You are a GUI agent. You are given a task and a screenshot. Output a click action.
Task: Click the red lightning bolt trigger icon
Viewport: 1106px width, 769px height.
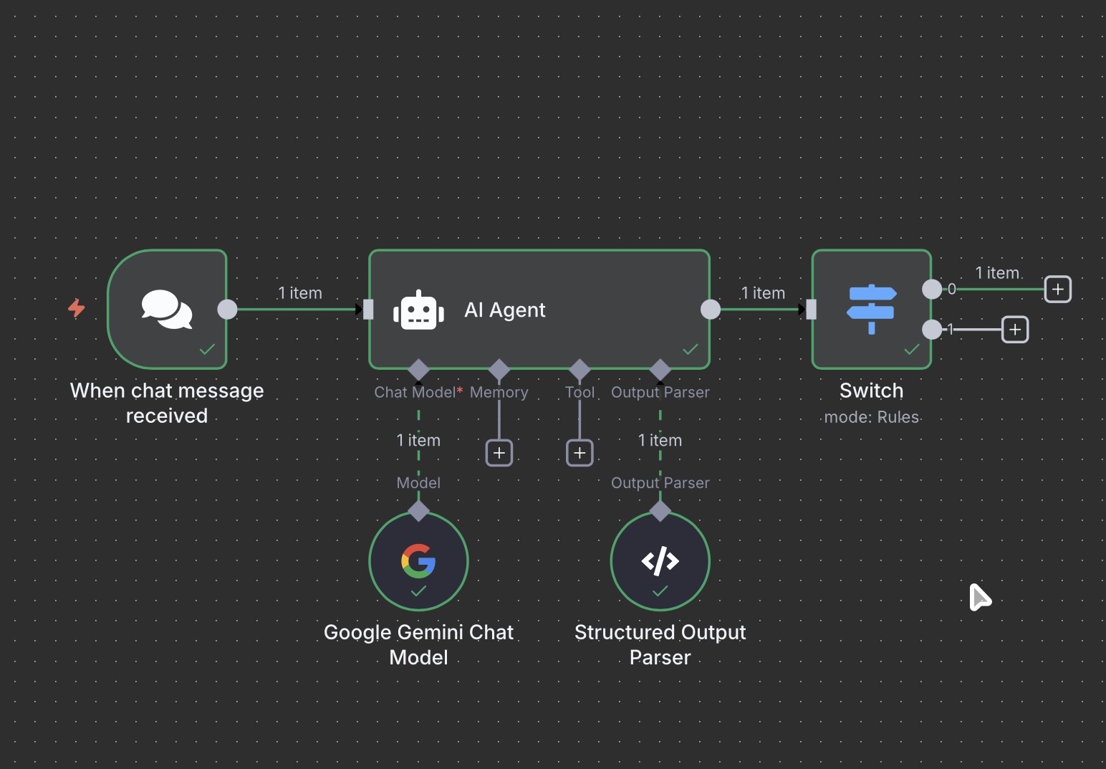coord(76,308)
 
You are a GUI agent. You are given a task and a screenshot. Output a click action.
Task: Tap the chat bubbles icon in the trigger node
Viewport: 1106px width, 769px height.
coord(167,309)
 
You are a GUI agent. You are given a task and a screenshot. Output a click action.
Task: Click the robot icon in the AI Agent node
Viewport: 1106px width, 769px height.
coord(419,310)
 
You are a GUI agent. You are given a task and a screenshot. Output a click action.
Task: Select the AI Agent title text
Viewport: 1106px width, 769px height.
coord(504,310)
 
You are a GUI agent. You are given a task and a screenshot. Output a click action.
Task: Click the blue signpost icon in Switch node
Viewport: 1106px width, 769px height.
coord(872,309)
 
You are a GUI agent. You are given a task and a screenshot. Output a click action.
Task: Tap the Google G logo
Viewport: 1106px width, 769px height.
coord(418,560)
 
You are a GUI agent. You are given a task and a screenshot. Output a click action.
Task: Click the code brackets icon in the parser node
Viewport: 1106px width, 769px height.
coord(660,560)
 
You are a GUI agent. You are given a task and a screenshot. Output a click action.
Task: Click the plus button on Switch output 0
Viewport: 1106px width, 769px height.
coord(1057,289)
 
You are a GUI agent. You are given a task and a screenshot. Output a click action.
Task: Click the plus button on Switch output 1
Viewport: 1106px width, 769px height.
coord(1015,330)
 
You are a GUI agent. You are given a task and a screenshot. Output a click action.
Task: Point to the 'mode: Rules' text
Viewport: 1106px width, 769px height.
coord(872,417)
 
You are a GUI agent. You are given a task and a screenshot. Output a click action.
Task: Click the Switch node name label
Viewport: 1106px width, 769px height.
coord(872,391)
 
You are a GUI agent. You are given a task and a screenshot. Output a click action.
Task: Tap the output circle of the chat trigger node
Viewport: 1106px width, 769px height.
coord(227,309)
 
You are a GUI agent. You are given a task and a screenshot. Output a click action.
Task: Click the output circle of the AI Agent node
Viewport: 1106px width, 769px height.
coord(711,309)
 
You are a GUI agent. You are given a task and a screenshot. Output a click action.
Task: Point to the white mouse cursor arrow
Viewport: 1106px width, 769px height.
coord(979,597)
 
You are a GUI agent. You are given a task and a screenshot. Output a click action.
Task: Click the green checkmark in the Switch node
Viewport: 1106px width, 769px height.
coord(912,349)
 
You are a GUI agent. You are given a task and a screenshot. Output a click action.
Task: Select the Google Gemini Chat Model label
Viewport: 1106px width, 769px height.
coord(419,644)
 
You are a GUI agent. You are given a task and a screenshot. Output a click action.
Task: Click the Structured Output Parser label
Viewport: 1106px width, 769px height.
coord(660,644)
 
